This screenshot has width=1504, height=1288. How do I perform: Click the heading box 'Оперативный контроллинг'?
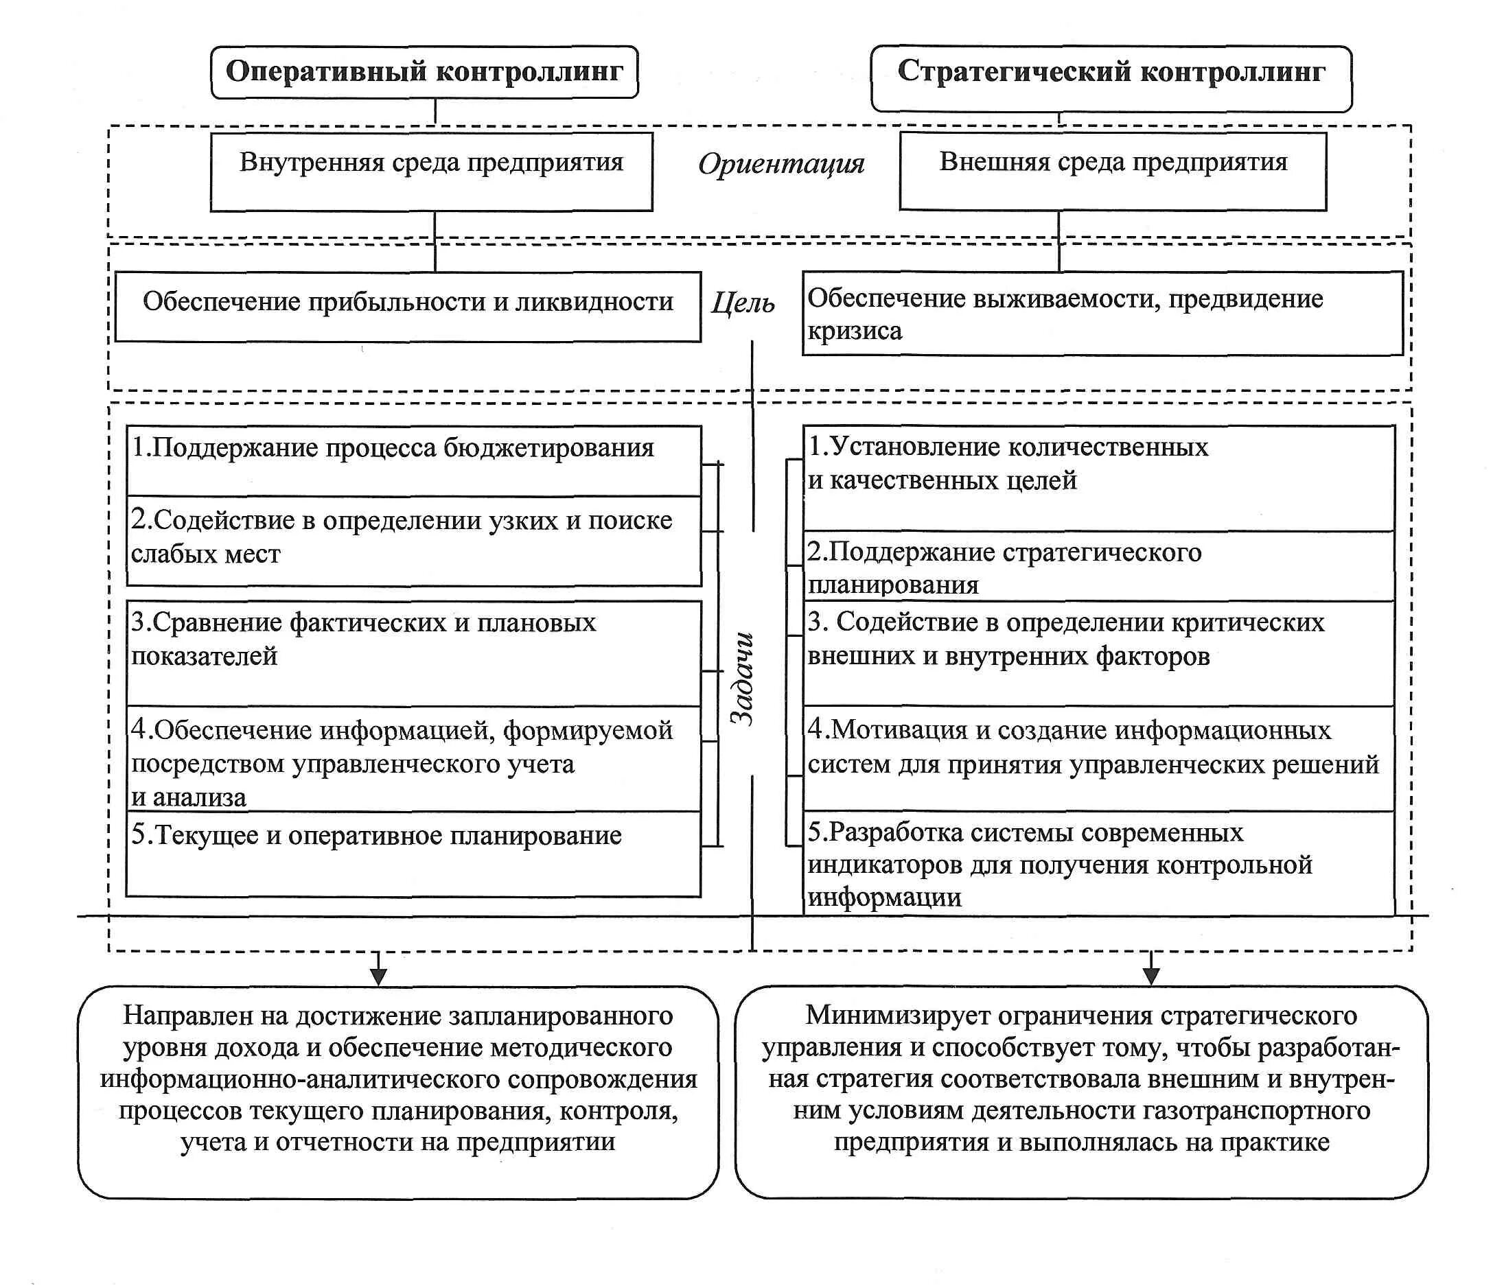tap(424, 72)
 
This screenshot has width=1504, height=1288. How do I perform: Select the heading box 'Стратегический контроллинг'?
tap(1111, 78)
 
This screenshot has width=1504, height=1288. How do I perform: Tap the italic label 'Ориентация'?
tap(781, 164)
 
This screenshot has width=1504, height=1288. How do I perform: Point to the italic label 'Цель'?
tap(743, 302)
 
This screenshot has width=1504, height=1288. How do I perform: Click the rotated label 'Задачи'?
tap(742, 679)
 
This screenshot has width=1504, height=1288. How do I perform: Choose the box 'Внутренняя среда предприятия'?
tap(431, 172)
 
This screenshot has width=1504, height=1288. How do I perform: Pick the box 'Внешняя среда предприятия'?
tap(1112, 172)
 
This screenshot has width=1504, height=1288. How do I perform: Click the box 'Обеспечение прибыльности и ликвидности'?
tap(408, 305)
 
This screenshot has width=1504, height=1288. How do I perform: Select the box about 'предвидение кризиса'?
tap(1102, 314)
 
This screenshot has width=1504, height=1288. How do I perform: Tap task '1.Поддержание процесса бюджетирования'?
tap(413, 460)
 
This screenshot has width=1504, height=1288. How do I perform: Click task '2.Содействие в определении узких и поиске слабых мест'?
tap(413, 541)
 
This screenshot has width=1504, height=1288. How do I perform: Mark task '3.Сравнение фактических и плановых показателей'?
tap(413, 653)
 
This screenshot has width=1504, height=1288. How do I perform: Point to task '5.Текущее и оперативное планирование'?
tap(413, 854)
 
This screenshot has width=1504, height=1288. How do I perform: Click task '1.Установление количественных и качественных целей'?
tap(1098, 478)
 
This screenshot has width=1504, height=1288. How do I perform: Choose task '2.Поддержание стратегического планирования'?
tap(1098, 567)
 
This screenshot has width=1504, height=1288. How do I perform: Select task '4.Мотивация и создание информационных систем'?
tap(1098, 758)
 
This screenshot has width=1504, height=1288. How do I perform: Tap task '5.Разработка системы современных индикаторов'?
tap(1098, 863)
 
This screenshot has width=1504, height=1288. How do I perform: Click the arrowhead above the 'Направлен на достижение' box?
tap(378, 976)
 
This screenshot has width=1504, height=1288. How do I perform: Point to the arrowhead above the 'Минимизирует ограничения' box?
tap(1151, 976)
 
